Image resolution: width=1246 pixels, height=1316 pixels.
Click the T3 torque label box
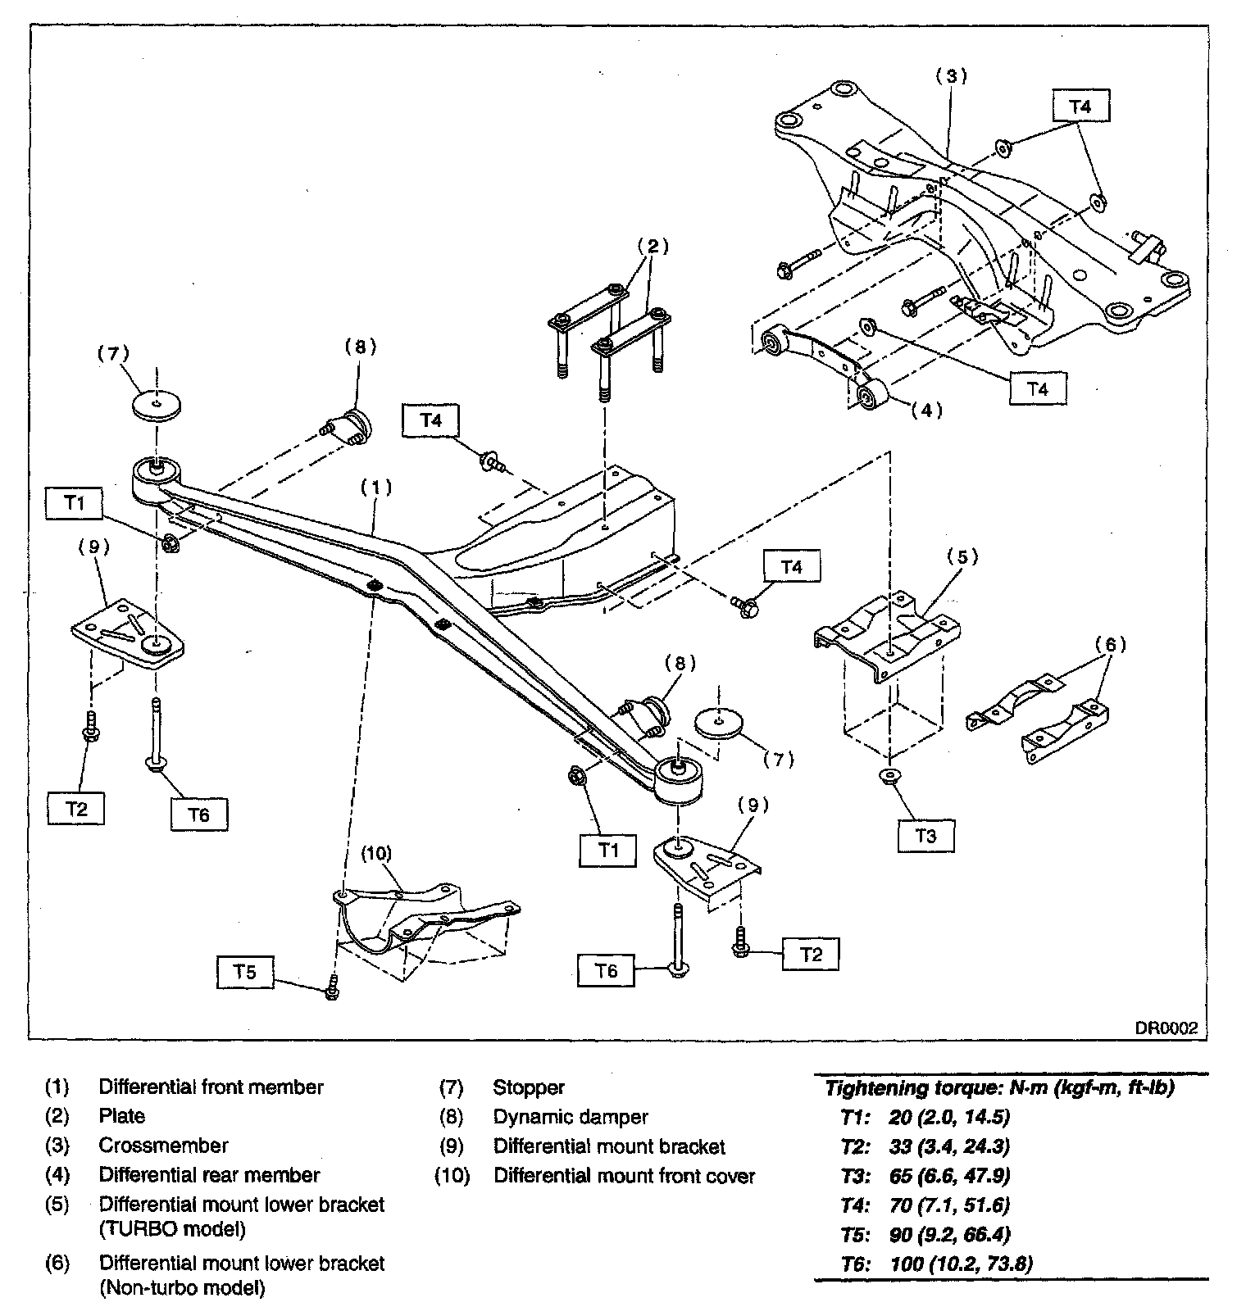925,836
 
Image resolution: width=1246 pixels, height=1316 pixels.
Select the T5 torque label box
245,972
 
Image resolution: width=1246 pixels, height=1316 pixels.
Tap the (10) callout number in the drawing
377,853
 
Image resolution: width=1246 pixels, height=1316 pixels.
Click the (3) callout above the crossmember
951,76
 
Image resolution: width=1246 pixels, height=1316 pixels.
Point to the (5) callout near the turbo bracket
962,557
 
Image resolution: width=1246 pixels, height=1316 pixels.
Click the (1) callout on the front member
376,487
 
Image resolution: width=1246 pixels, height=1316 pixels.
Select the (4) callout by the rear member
926,410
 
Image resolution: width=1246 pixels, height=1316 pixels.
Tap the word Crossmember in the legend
163,1146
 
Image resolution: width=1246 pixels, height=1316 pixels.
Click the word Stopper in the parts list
529,1087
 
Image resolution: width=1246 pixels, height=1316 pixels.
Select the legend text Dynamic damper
571,1117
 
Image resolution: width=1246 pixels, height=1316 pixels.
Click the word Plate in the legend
122,1116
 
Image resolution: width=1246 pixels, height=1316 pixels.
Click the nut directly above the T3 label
888,775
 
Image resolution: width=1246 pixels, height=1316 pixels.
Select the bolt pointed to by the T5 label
332,987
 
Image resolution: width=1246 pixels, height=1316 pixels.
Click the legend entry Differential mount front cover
624,1176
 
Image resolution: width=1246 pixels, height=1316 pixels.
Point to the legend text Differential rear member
209,1175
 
